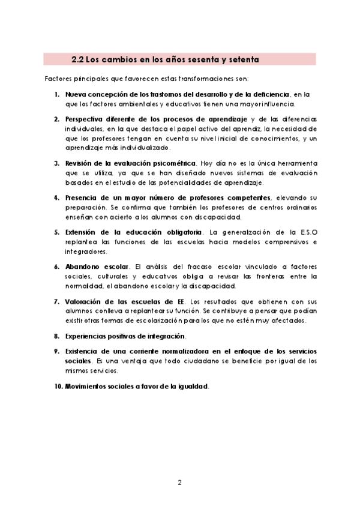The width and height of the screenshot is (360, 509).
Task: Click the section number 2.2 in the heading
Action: point(77,59)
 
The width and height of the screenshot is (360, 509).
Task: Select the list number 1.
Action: point(56,95)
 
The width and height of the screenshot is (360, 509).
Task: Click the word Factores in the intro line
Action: point(58,79)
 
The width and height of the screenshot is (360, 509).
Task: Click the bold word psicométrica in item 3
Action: point(173,163)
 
